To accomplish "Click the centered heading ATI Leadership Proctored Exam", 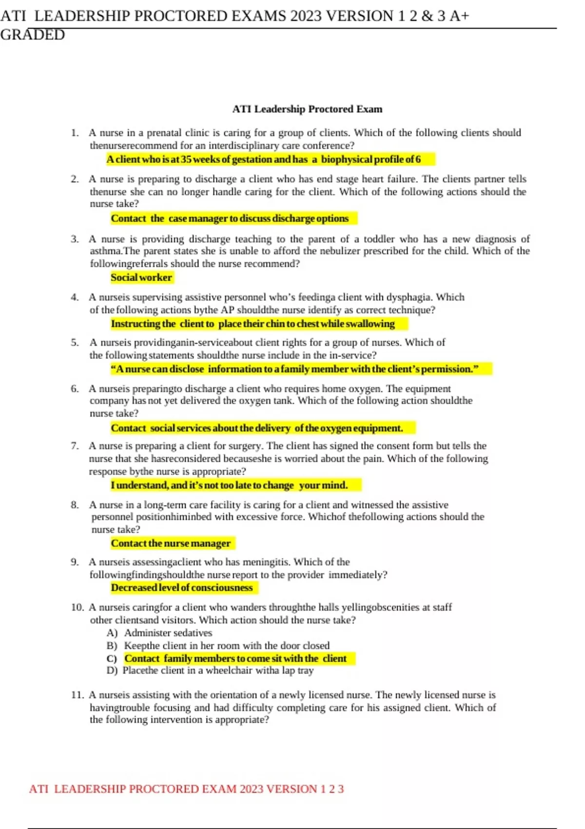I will point(307,109).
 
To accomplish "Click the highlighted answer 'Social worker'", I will point(141,277).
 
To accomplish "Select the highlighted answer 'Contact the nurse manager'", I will point(171,543).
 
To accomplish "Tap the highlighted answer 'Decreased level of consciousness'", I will point(182,588).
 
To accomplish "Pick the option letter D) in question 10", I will point(112,671).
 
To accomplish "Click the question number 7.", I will point(75,446).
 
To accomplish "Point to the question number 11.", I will point(78,695).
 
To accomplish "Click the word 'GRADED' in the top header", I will point(32,35).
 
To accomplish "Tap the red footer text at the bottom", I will point(186,789).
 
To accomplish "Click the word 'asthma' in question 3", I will point(105,251).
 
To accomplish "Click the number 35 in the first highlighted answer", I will point(186,159).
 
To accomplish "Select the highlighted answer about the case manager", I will point(230,218).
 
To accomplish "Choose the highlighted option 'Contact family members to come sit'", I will point(235,658).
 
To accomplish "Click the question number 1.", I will point(75,133).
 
